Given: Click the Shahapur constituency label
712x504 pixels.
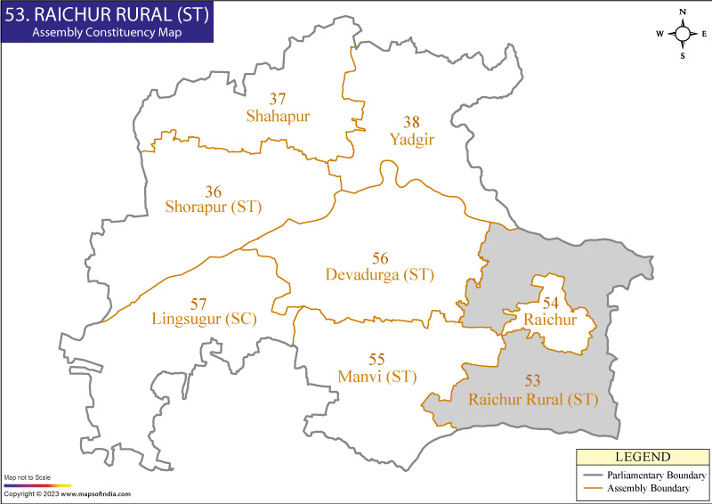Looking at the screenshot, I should click(279, 116).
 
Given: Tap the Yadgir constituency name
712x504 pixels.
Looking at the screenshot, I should click(411, 139).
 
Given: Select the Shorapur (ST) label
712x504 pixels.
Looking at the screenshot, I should click(214, 207).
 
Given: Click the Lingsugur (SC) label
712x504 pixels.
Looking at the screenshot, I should click(204, 318).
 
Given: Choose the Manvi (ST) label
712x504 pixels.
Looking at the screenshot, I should click(377, 376).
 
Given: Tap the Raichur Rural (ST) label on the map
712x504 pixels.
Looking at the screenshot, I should click(532, 399).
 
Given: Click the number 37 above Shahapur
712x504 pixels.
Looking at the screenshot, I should click(278, 99).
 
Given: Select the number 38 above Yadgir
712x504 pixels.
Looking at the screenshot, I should click(411, 122).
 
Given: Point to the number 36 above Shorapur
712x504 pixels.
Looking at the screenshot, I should click(214, 191).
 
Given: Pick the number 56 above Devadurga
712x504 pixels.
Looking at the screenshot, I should click(380, 258).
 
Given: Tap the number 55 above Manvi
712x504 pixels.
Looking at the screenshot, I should click(377, 360).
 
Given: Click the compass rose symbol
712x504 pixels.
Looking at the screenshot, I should click(683, 34).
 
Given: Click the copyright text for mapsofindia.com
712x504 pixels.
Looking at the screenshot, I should click(67, 493).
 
